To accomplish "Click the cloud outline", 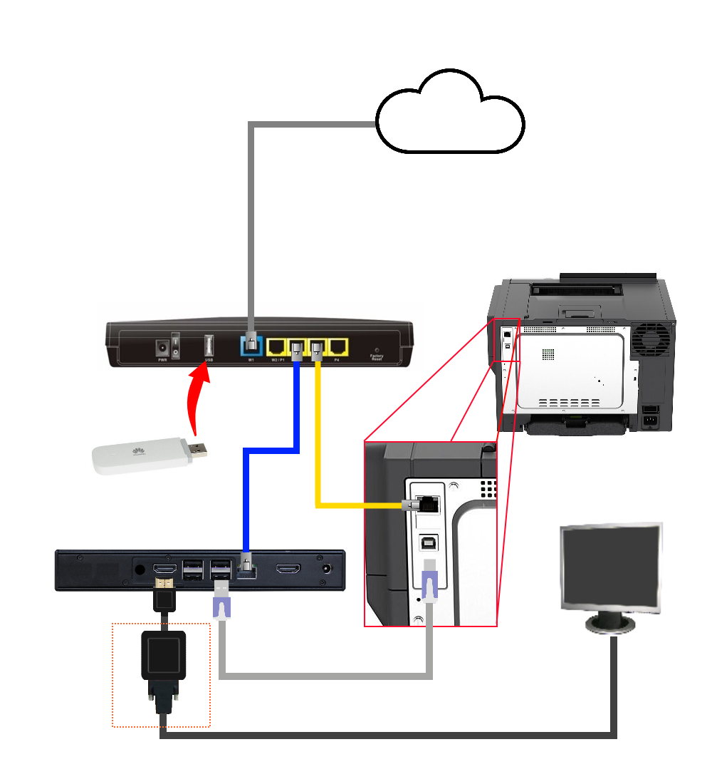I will coord(450,114).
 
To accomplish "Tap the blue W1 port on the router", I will coord(251,346).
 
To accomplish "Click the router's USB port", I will coord(209,346).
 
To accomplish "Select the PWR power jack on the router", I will coord(162,347).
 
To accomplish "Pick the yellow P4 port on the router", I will coord(337,347).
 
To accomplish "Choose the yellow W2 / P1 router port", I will coord(276,347).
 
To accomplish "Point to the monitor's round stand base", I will coord(611,626).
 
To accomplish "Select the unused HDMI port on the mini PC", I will coord(288,569).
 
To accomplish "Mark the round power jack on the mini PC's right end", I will coord(328,569).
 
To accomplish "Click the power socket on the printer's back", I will coord(650,418).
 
